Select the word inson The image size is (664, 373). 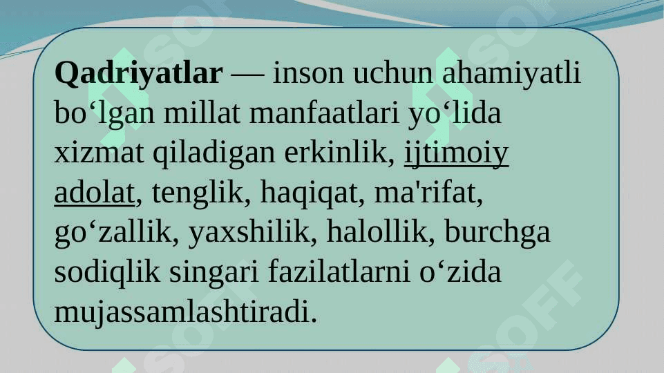(x=308, y=73)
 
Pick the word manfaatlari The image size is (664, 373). (x=324, y=113)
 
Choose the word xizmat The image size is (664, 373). (x=99, y=153)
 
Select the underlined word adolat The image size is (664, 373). (x=95, y=193)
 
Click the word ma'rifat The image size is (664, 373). (x=428, y=193)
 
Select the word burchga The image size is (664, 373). (x=497, y=233)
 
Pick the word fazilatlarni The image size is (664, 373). (x=339, y=272)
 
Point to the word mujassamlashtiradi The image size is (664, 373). (x=185, y=312)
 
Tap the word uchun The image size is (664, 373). (x=393, y=73)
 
